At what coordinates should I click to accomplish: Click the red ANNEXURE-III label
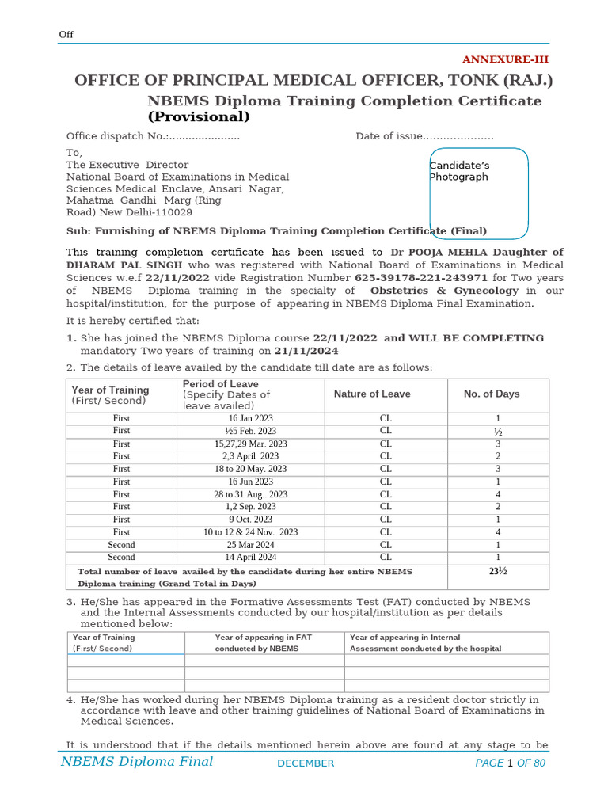tap(505, 59)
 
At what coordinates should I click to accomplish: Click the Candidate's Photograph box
tap(478, 192)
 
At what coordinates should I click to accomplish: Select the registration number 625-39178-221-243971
tap(420, 278)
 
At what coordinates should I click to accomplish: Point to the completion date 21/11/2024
tap(306, 351)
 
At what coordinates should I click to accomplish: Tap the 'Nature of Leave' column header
tap(372, 394)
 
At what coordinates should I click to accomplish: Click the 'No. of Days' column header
tap(491, 394)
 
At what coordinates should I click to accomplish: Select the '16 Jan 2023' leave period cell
tap(250, 418)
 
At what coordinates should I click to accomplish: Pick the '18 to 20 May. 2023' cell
tap(250, 469)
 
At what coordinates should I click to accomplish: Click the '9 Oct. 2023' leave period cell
tap(250, 520)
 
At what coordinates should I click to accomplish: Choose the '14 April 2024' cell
tap(250, 558)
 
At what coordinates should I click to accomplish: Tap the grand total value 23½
tap(498, 571)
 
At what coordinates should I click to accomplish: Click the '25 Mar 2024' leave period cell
tap(250, 545)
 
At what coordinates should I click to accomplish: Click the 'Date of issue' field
tap(424, 136)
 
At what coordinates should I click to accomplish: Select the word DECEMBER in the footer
tap(306, 763)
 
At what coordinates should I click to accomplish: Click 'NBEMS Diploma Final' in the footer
tap(137, 762)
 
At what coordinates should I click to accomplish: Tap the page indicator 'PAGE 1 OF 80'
tap(510, 763)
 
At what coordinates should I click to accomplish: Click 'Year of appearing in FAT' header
tap(263, 638)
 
